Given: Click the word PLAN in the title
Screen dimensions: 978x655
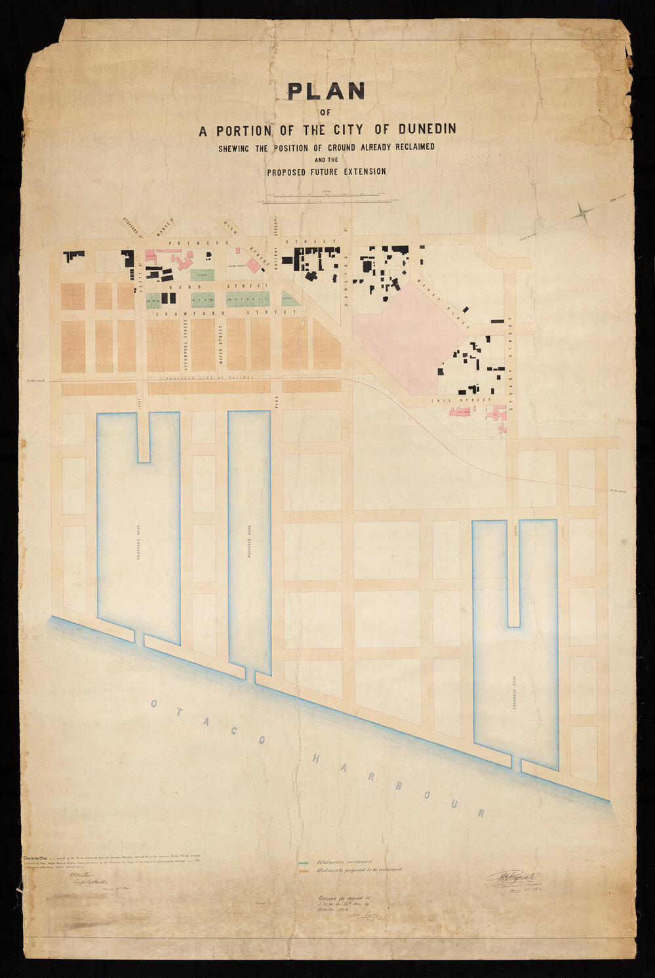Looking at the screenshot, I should tap(327, 91).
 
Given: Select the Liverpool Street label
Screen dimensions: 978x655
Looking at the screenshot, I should tap(186, 347).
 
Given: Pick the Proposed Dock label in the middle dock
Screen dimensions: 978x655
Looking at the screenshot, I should tap(250, 542).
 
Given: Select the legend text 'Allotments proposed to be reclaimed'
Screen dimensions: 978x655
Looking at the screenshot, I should tap(358, 870).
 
